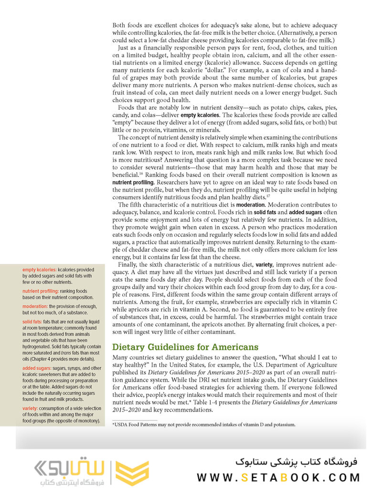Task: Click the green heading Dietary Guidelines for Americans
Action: pyautogui.click(x=185, y=347)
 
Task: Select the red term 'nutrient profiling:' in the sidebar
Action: pyautogui.click(x=41, y=291)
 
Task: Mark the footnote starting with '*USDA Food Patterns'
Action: pyautogui.click(x=204, y=424)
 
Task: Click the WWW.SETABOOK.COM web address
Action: pyautogui.click(x=278, y=477)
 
